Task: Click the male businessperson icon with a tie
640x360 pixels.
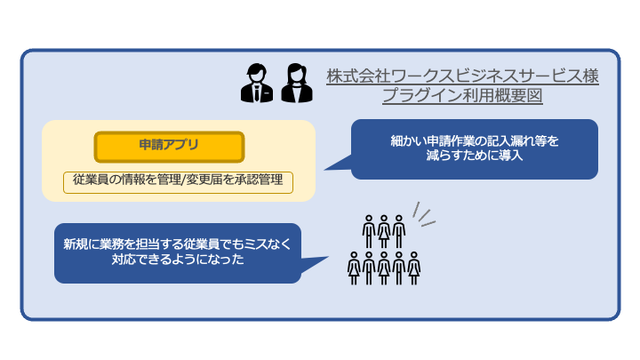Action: coord(256,84)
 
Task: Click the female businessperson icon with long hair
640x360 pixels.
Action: coord(294,84)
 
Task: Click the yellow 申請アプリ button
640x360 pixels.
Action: coord(169,145)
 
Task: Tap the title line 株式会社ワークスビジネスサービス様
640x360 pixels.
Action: coord(462,76)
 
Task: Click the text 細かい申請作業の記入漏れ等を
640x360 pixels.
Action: coord(474,140)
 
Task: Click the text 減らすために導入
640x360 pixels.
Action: coord(474,156)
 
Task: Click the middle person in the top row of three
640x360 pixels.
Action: coord(384,231)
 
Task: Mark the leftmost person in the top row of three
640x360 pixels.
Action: coord(369,231)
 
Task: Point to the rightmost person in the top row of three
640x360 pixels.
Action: coord(399,231)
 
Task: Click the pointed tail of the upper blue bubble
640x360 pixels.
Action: coord(332,165)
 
